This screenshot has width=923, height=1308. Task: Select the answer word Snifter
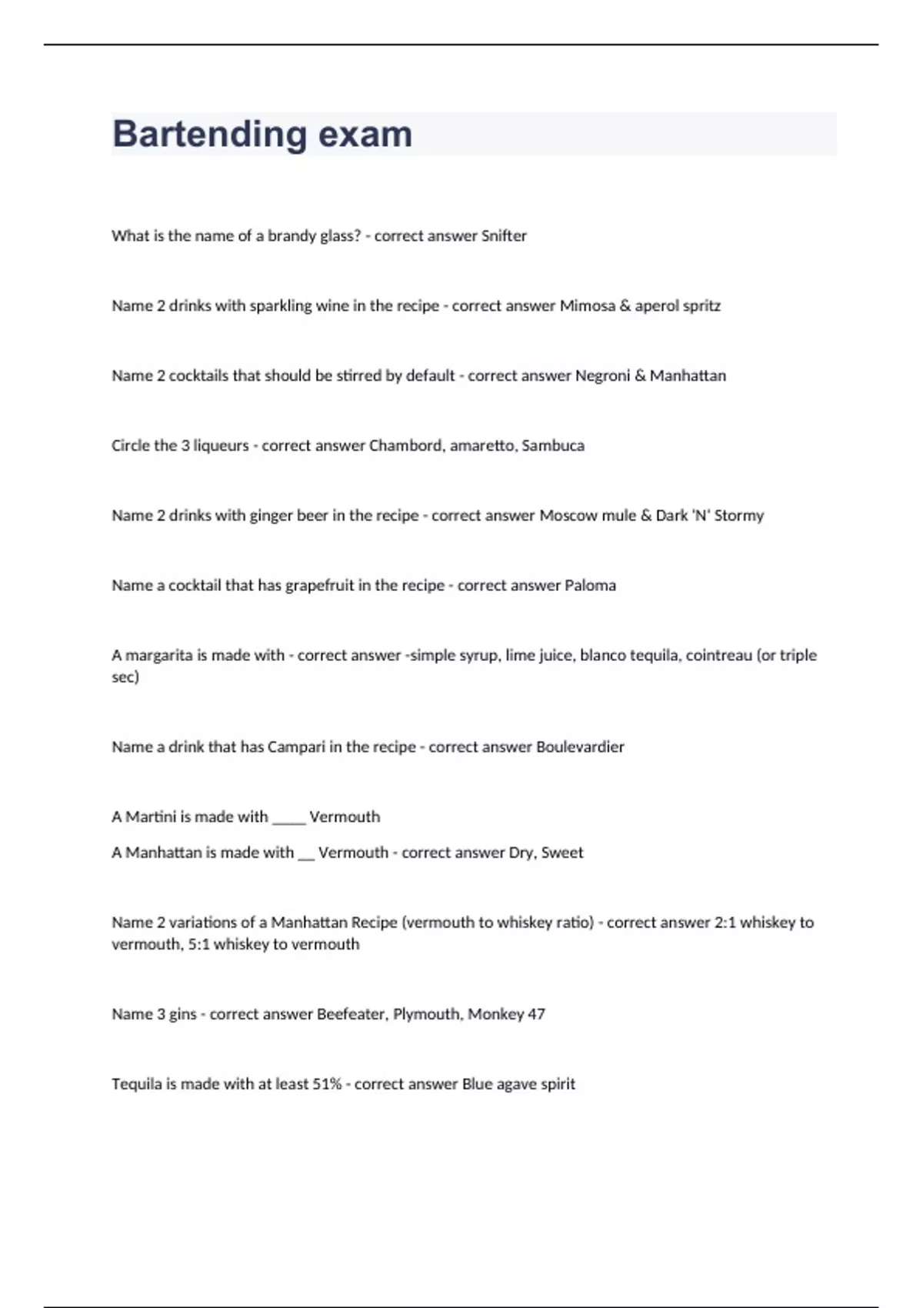pos(504,236)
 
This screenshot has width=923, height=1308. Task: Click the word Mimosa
pos(587,306)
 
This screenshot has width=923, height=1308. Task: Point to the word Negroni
pos(602,376)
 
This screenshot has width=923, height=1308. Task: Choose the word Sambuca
pos(553,446)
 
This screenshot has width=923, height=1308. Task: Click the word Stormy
pos(738,516)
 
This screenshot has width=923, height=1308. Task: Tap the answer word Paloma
pos(590,586)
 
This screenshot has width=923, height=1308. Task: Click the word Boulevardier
pos(580,747)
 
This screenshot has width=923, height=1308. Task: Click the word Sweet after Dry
pos(562,853)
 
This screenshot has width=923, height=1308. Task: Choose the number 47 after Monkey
pos(536,1014)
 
